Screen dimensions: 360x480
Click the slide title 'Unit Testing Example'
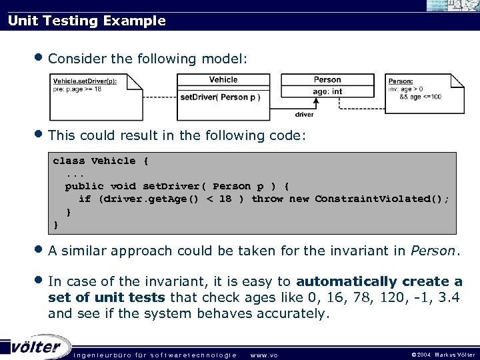[87, 21]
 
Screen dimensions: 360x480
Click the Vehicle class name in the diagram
[223, 80]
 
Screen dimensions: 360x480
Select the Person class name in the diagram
[327, 80]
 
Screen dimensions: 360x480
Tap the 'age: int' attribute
[327, 91]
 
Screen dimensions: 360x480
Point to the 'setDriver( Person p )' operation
[220, 97]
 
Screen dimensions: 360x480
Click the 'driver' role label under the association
[304, 115]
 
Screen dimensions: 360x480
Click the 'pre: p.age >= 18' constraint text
[77, 89]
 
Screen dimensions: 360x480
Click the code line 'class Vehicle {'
[101, 161]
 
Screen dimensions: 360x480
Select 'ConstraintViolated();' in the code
[382, 199]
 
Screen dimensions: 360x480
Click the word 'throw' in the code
[267, 199]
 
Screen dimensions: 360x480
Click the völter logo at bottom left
[36, 347]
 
